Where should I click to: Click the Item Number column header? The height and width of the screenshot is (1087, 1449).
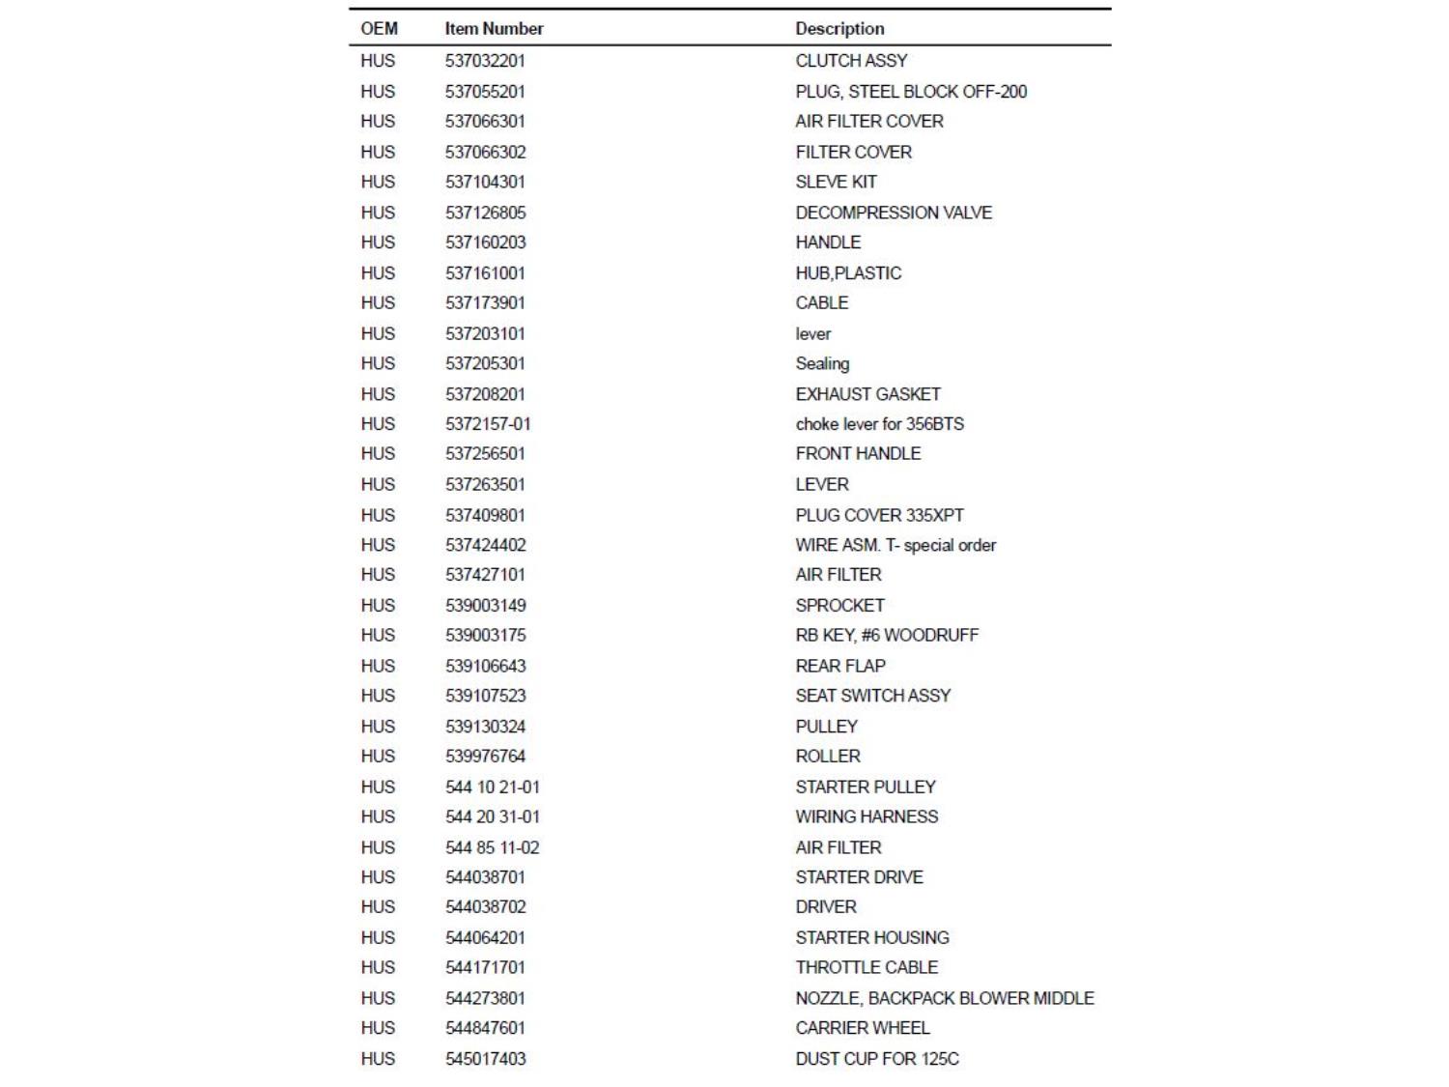tap(494, 29)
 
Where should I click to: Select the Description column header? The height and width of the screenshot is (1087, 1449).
tap(839, 29)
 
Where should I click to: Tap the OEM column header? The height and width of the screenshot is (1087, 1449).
tap(379, 29)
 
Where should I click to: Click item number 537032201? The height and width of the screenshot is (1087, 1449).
tap(485, 61)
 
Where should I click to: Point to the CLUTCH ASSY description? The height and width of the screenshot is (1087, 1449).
tap(851, 61)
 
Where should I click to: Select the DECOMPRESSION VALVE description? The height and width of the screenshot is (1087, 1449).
tap(894, 213)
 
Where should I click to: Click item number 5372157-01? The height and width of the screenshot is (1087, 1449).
tap(488, 424)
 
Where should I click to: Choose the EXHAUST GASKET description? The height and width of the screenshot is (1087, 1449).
tap(867, 394)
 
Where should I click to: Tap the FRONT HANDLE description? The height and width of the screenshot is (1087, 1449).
tap(858, 454)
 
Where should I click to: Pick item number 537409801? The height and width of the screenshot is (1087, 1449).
tap(485, 515)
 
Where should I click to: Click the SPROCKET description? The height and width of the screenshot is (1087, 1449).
tap(839, 606)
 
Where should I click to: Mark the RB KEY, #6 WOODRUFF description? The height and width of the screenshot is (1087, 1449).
tap(887, 636)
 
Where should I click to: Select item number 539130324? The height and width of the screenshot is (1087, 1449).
tap(485, 727)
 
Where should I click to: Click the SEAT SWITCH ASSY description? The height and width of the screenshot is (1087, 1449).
tap(872, 696)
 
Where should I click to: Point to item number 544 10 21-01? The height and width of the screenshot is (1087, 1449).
tap(493, 787)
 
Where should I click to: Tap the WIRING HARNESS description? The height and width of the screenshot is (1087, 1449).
tap(867, 817)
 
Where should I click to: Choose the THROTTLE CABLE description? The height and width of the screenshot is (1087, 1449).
tap(867, 968)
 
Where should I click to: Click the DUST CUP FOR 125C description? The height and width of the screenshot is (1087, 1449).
tap(877, 1059)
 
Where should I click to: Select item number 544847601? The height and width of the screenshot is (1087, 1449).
tap(485, 1028)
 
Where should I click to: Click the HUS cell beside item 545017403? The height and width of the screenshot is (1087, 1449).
tap(378, 1059)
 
